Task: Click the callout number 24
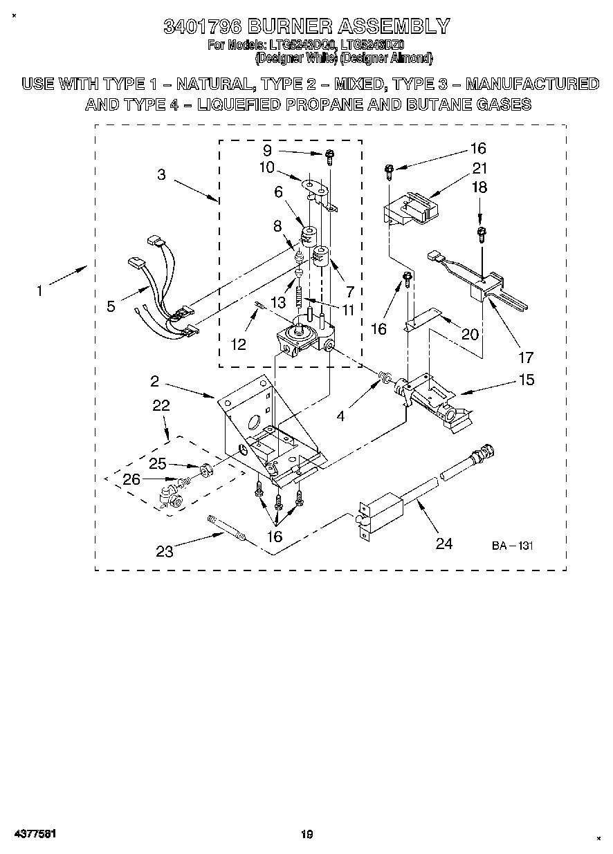point(443,544)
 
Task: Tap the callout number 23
point(165,551)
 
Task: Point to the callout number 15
point(526,380)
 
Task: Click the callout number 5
point(111,306)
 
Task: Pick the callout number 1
point(39,291)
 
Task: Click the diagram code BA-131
point(513,546)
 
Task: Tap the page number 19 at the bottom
point(306,835)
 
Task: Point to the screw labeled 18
point(479,234)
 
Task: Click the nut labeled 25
point(205,470)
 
